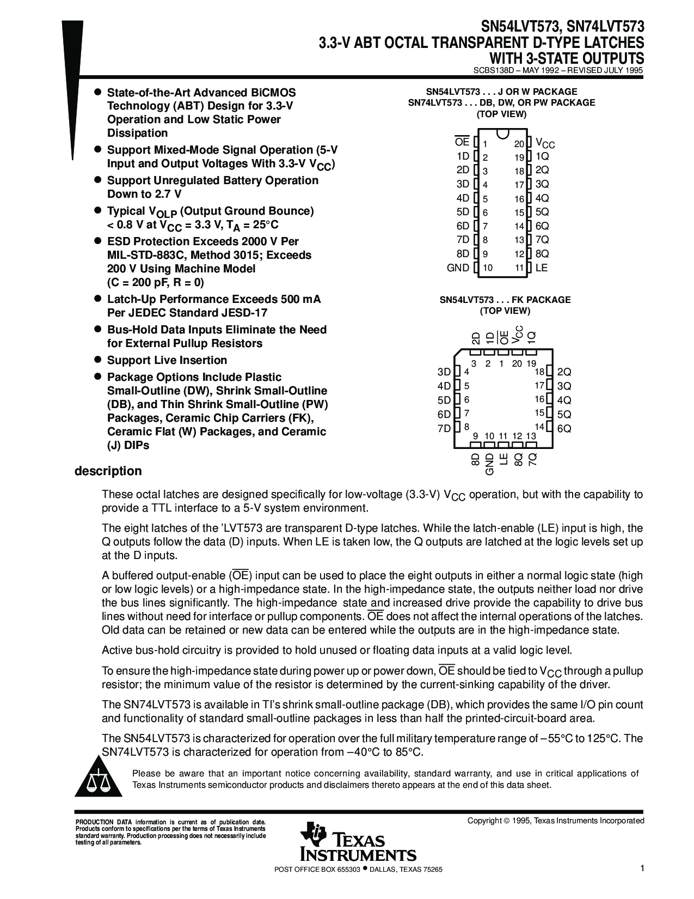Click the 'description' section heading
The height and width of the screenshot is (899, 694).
pyautogui.click(x=108, y=471)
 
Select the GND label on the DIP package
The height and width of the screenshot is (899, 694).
pyautogui.click(x=458, y=268)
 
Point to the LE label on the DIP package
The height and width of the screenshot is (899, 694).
pyautogui.click(x=542, y=268)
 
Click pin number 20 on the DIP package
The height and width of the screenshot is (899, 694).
pyautogui.click(x=519, y=144)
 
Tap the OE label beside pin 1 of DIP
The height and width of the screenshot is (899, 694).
pyautogui.click(x=462, y=142)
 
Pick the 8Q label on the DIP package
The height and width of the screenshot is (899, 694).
pyautogui.click(x=542, y=254)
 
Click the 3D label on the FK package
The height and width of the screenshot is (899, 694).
pyautogui.click(x=444, y=372)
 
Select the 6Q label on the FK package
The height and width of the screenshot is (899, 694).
pyautogui.click(x=564, y=429)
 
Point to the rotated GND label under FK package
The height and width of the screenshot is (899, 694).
pyautogui.click(x=489, y=464)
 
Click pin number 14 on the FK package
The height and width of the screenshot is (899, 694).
pyautogui.click(x=539, y=427)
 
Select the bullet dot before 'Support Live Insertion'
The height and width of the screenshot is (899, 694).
pyautogui.click(x=99, y=360)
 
